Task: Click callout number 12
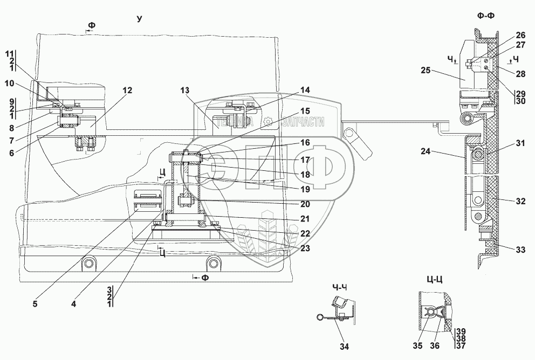tap(127, 91)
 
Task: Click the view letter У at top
tap(139, 19)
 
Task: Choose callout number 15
tap(305, 110)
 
